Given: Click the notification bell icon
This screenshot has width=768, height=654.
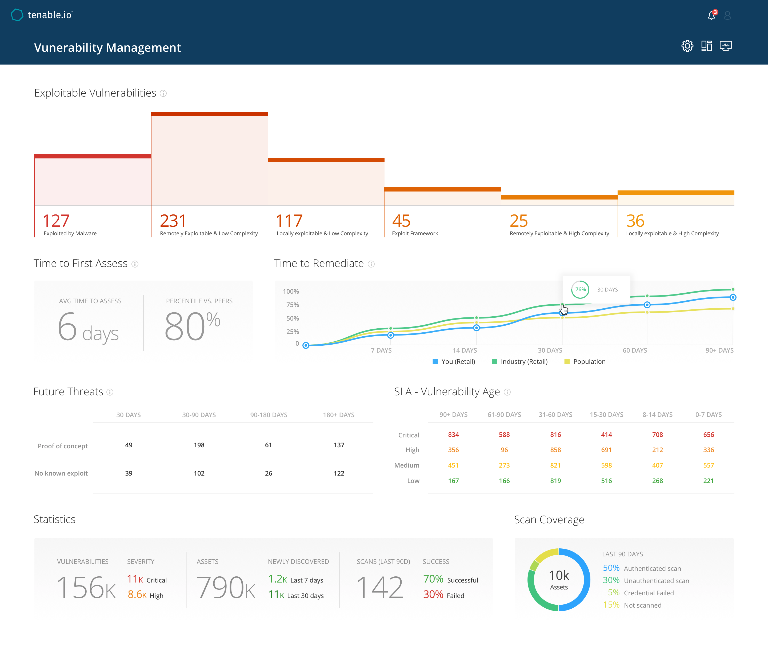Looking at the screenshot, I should click(711, 15).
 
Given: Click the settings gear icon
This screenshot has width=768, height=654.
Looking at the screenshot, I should click(687, 46).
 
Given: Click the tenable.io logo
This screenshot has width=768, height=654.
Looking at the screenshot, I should click(42, 15).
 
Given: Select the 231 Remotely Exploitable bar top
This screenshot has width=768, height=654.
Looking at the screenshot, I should click(209, 114).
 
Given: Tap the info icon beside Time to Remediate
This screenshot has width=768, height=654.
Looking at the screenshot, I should click(371, 264).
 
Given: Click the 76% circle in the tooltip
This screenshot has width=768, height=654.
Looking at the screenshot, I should click(580, 290).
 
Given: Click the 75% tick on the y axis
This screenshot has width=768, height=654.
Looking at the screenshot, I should click(293, 305).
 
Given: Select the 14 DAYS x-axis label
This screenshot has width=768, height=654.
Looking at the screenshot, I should click(465, 350).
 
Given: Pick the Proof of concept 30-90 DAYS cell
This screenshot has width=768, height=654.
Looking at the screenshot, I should click(199, 445).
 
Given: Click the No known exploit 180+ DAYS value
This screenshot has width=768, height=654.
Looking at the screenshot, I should click(339, 473).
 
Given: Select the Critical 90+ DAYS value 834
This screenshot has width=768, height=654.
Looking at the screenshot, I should click(453, 434).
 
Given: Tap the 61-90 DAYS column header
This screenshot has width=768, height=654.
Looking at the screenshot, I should click(504, 414).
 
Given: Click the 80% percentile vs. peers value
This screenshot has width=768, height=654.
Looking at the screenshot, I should click(192, 326).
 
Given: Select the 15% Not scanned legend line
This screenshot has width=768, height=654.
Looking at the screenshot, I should click(632, 605).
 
